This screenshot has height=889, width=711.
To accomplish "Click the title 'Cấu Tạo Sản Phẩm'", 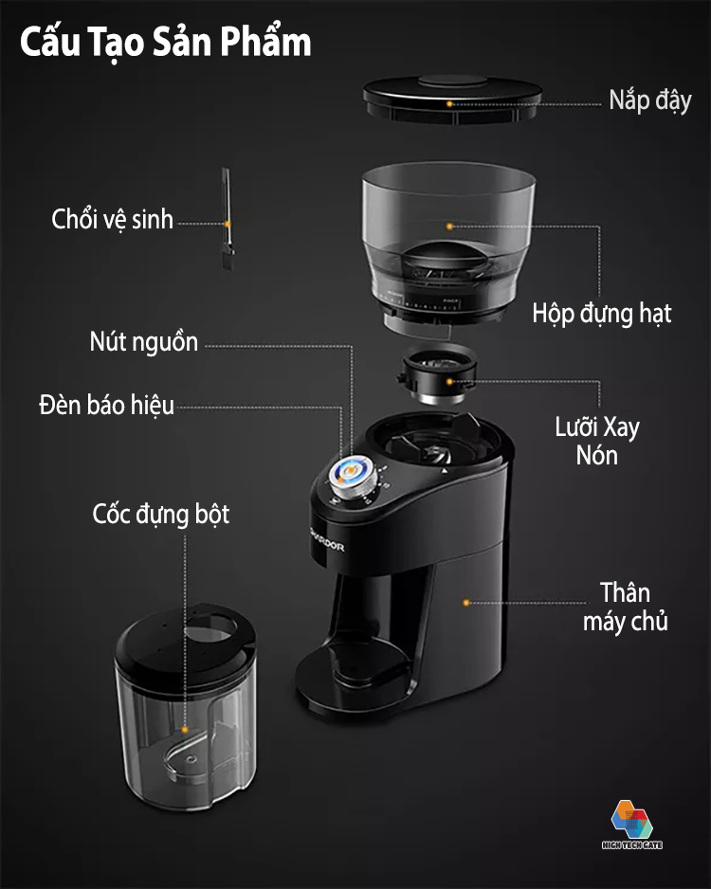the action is pyautogui.click(x=166, y=43).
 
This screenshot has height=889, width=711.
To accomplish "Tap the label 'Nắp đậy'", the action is pyautogui.click(x=650, y=100).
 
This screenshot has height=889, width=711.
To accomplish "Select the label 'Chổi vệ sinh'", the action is pyautogui.click(x=112, y=220).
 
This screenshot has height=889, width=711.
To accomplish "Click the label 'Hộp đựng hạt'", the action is pyautogui.click(x=602, y=314).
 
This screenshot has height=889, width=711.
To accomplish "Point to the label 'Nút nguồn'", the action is pyautogui.click(x=144, y=342).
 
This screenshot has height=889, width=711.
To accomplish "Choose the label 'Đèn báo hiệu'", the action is pyautogui.click(x=106, y=406).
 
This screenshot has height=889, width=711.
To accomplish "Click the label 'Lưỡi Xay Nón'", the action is pyautogui.click(x=597, y=441).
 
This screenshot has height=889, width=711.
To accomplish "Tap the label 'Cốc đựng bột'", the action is pyautogui.click(x=161, y=515).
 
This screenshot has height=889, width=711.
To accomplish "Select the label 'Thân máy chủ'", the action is pyautogui.click(x=626, y=607).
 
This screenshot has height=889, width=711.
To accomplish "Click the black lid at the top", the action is pyautogui.click(x=452, y=99).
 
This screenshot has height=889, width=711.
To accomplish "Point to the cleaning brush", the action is pyautogui.click(x=227, y=218).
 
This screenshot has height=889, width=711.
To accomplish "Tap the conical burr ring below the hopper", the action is pyautogui.click(x=438, y=374).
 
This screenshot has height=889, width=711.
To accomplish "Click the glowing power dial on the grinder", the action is pyautogui.click(x=353, y=476).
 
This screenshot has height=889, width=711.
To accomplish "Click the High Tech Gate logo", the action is pyautogui.click(x=632, y=825).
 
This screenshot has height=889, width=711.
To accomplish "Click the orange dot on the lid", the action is pyautogui.click(x=449, y=103).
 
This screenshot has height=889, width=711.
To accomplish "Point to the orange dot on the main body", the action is pyautogui.click(x=466, y=603).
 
